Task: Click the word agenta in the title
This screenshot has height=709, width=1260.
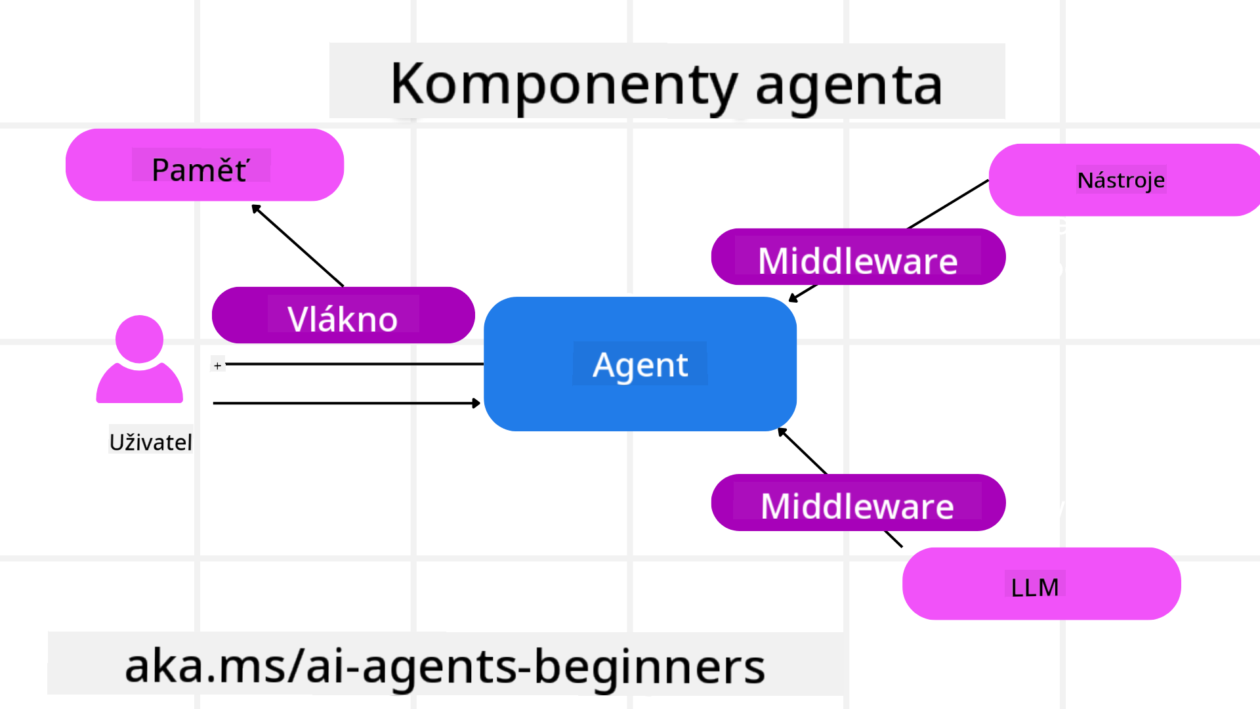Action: (849, 85)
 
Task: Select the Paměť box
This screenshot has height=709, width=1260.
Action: (204, 165)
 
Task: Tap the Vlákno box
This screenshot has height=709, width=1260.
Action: (343, 316)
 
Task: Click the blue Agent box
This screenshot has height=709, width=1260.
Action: (640, 364)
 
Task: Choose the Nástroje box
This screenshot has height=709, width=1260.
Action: (1121, 180)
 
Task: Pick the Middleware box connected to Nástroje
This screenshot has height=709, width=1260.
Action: (858, 257)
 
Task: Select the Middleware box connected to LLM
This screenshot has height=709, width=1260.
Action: (858, 503)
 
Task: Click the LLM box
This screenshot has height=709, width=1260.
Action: (1041, 584)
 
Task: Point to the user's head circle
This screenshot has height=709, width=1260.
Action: (139, 339)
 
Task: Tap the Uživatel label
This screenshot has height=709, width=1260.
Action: (150, 442)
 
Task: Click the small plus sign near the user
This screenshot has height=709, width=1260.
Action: (218, 365)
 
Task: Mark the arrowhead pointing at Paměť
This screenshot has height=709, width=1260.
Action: (256, 208)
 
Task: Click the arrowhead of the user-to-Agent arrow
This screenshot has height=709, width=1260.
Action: (476, 403)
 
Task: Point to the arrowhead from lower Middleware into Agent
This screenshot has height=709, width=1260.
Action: (782, 431)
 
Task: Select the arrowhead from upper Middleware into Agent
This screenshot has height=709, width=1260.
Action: (793, 299)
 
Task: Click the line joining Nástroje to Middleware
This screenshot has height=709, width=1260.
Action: (948, 204)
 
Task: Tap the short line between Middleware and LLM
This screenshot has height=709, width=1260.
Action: (893, 539)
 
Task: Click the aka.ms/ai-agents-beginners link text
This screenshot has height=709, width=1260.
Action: (444, 666)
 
